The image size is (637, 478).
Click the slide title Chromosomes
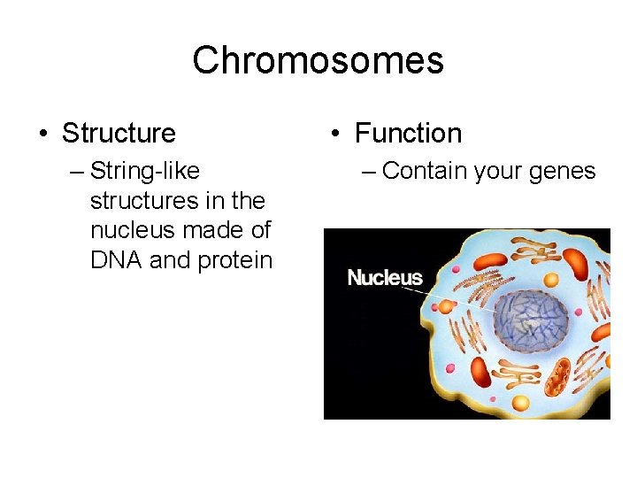318,61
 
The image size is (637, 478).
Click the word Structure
119,134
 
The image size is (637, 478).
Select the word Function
408,134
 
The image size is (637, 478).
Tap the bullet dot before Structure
43,135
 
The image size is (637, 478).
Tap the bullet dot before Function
336,135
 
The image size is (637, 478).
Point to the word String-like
145,170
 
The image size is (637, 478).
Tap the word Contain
425,170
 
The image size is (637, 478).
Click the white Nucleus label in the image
385,278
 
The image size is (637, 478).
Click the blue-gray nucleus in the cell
531,317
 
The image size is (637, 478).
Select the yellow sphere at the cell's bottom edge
521,404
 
